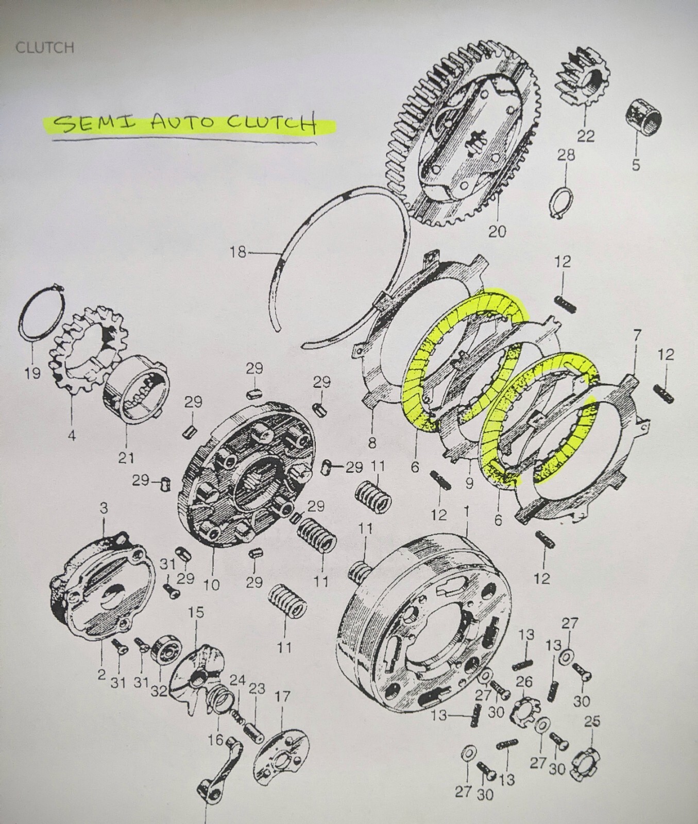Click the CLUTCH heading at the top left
click(45, 47)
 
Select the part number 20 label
click(497, 231)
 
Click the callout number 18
click(238, 253)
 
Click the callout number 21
click(127, 457)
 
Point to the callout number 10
click(212, 585)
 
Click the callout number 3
click(104, 509)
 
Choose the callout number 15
click(196, 612)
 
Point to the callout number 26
click(524, 682)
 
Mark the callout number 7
click(637, 336)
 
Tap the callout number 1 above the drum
click(467, 511)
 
